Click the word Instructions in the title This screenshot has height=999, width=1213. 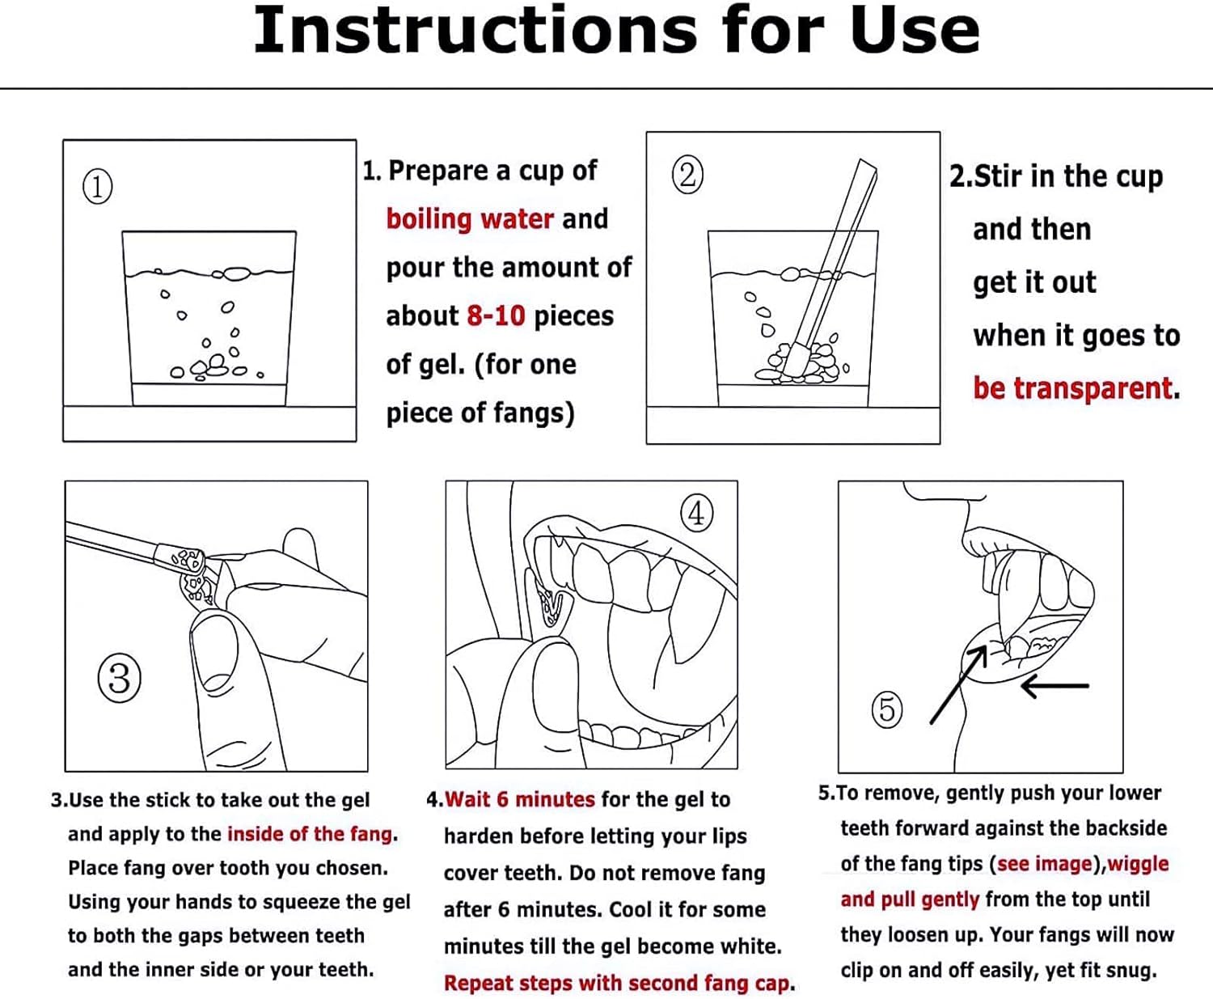(x=475, y=30)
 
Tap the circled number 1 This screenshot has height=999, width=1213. (x=97, y=186)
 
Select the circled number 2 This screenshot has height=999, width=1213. (x=687, y=175)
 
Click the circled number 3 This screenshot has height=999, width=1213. (x=119, y=678)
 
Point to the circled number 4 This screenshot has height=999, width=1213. (x=696, y=513)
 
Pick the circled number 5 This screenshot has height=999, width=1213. (x=887, y=709)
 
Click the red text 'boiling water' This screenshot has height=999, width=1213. (x=470, y=219)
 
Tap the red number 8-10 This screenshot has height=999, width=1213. (x=496, y=316)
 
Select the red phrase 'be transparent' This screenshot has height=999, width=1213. (x=1072, y=388)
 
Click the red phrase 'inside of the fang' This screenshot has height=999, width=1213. (x=310, y=834)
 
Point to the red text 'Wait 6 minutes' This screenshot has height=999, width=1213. (x=520, y=799)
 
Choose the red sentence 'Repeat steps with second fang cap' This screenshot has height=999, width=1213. (x=616, y=983)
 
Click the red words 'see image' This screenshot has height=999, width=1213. (x=1045, y=864)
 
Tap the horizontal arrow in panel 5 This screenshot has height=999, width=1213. (x=1055, y=686)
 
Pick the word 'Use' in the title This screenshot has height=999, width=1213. (x=915, y=30)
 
